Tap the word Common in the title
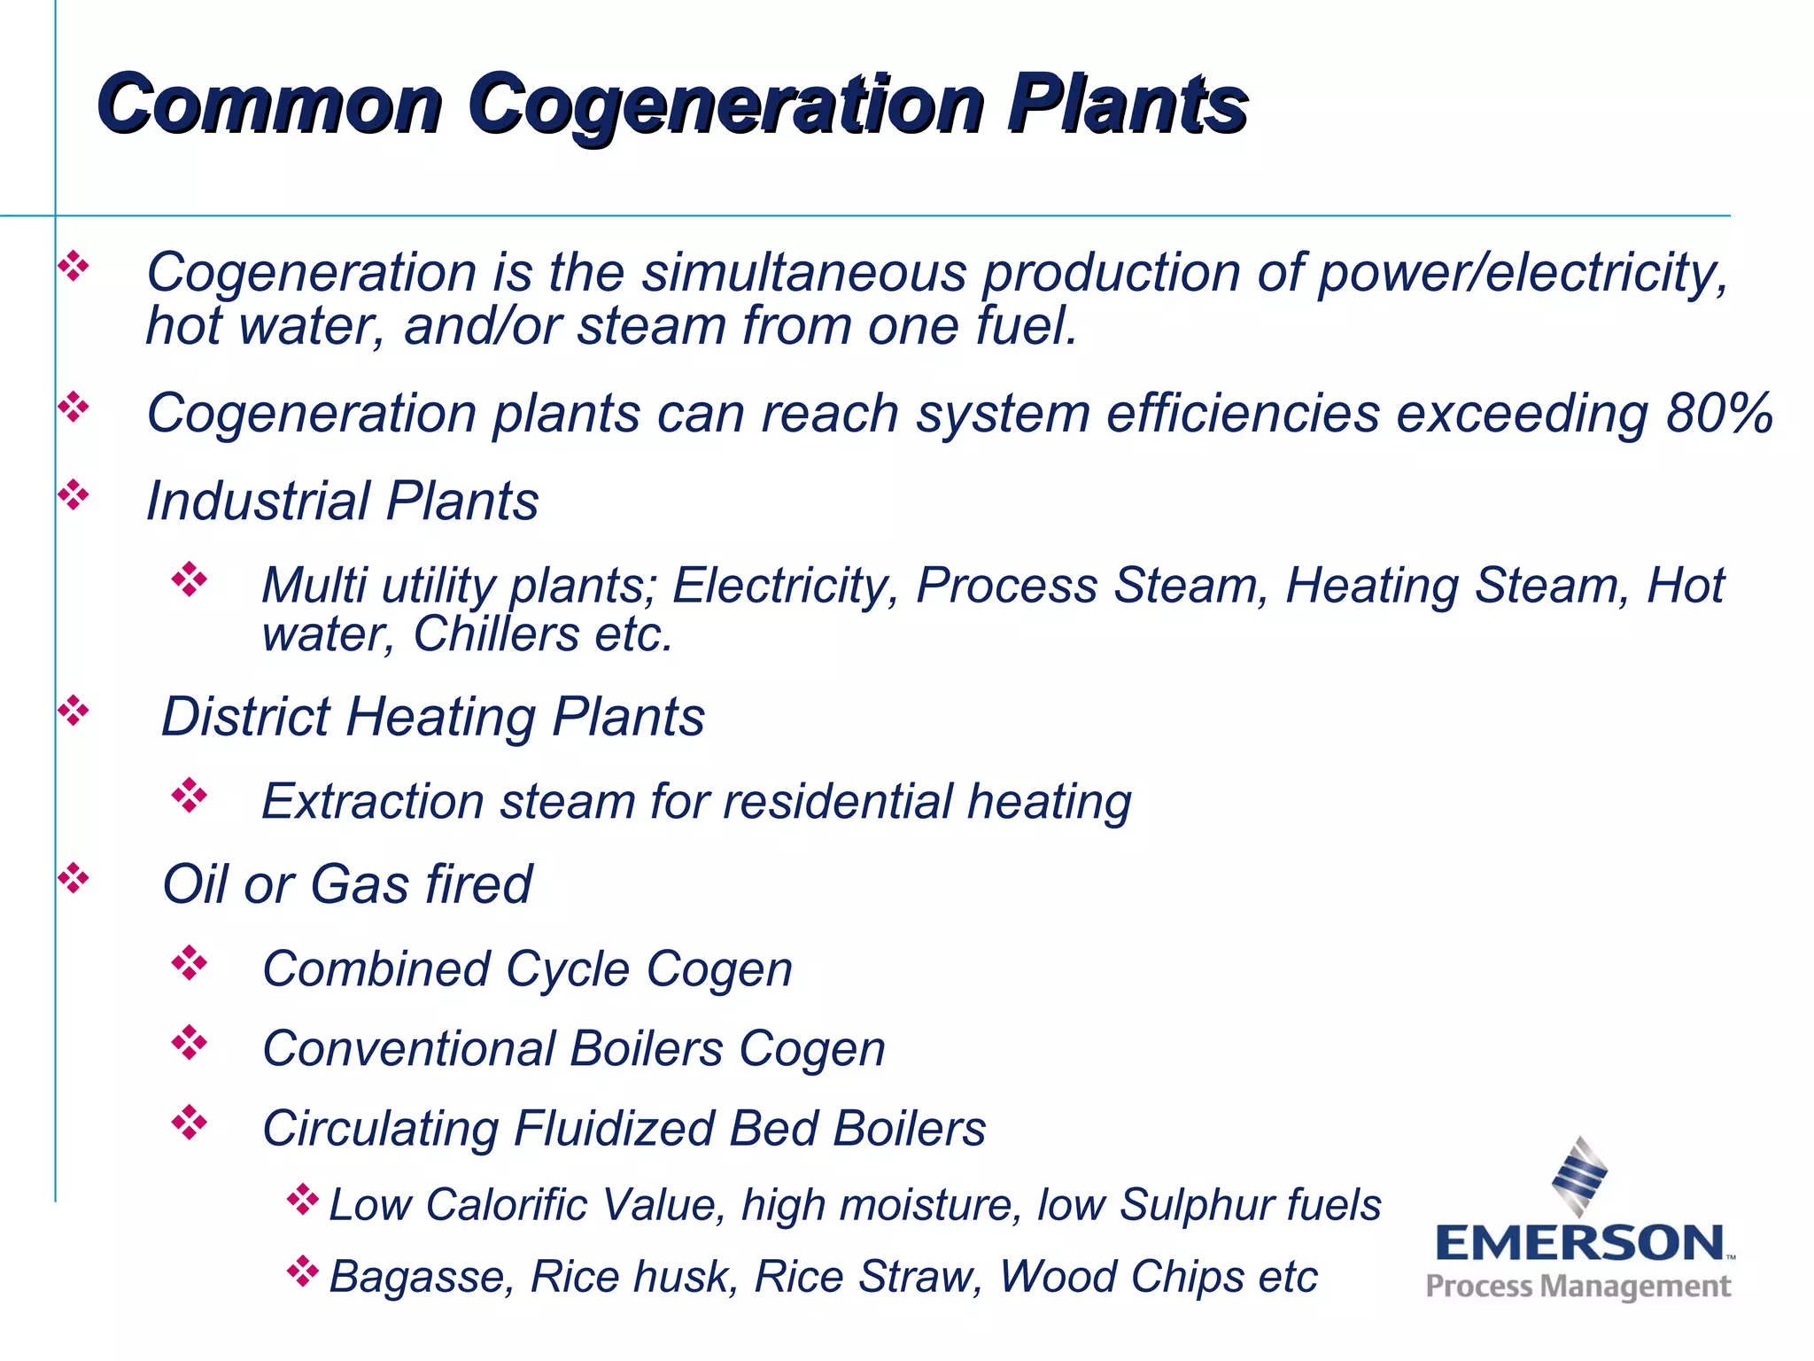point(270,105)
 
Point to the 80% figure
point(1718,413)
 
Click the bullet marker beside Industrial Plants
point(74,495)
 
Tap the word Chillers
point(496,634)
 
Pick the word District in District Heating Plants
point(245,716)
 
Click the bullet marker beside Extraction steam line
point(189,796)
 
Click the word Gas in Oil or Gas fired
point(359,884)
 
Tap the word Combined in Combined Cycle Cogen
point(376,968)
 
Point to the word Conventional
point(408,1048)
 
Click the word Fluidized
point(613,1129)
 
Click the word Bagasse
point(421,1277)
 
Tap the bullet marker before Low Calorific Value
point(302,1200)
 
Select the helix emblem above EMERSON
point(1579,1176)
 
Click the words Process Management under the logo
point(1578,1287)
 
